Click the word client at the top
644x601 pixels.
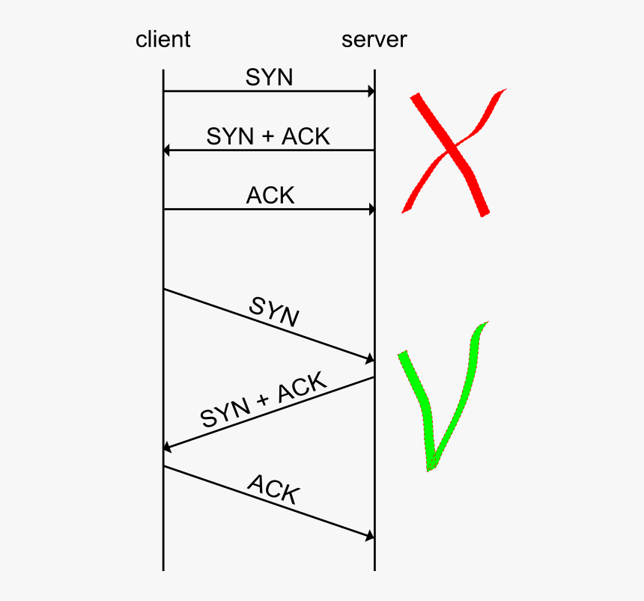point(162,39)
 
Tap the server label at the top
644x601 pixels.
point(374,39)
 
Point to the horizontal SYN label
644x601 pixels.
point(269,77)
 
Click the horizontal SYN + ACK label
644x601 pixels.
point(268,136)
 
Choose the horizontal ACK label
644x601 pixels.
point(270,195)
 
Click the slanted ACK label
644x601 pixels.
point(273,489)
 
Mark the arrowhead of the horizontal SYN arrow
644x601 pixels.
point(370,91)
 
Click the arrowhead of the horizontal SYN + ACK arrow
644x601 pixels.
point(167,150)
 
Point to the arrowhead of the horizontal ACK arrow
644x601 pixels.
point(370,210)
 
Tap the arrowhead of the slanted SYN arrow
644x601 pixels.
point(370,360)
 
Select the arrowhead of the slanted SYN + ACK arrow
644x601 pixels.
point(168,448)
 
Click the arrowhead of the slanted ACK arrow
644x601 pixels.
point(370,536)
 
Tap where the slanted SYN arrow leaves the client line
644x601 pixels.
point(163,289)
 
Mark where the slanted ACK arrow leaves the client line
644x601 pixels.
point(163,466)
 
